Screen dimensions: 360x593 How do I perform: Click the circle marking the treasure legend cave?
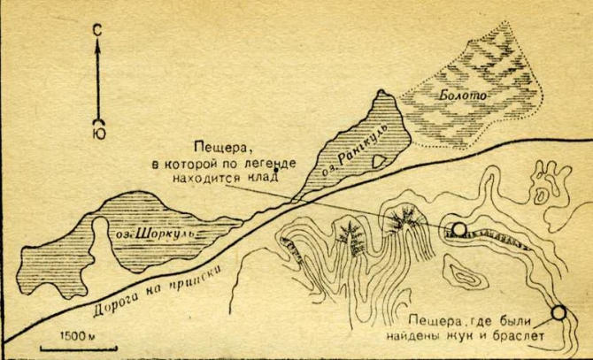point(458,232)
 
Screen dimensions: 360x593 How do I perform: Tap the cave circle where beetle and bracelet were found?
point(558,312)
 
